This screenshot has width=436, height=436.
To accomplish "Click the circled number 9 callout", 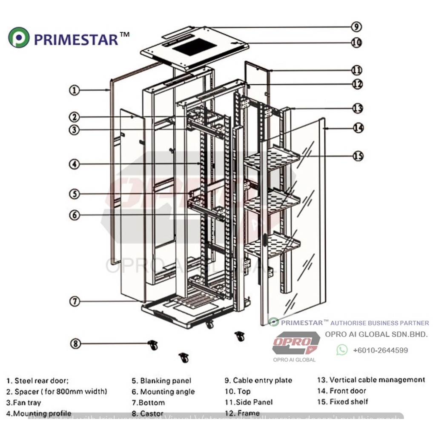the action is coord(356,27).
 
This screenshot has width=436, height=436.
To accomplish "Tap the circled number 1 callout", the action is coord(75,90).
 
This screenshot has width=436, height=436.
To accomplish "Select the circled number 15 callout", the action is coord(358,156).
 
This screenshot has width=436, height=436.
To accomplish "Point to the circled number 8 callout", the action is coord(75,343).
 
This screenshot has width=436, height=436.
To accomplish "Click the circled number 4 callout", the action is coord(75,163).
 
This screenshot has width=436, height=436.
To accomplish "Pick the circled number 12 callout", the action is coord(357,84).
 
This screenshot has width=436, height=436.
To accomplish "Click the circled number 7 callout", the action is coord(75,301).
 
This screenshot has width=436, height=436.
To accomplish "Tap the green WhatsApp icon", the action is coord(342,350).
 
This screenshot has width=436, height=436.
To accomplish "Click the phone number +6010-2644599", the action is coord(380,350).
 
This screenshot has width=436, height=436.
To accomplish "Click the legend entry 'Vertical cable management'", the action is coord(371,380).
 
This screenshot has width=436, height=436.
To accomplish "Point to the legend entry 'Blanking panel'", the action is coord(161,381).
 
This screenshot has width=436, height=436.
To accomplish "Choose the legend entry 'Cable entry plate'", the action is coord(258,380).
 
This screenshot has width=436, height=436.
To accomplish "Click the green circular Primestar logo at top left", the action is coord(19,38).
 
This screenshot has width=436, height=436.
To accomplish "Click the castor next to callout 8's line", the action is coord(152,345).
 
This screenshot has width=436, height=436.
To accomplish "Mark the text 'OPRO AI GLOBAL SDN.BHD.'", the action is coord(376,334).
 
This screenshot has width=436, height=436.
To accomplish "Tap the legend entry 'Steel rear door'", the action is coord(37,381).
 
